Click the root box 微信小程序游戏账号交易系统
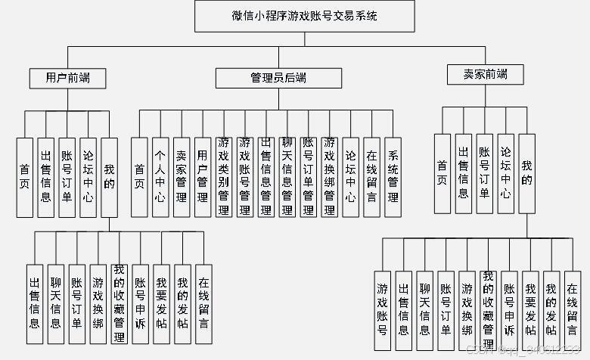coord(304,15)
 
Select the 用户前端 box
coord(67,77)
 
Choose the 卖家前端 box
coord(486,74)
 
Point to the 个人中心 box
coord(160,178)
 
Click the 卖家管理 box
coord(181,178)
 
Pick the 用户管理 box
coord(202,178)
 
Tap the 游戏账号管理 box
coord(244,178)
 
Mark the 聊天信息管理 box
coord(287,178)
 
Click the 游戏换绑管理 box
coord(329,178)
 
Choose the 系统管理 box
coord(393,178)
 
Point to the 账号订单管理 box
coord(308,178)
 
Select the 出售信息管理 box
coord(265,178)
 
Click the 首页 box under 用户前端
coord(25,178)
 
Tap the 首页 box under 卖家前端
coord(442,175)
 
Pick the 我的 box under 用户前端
coord(110,178)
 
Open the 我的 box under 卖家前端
coord(527,175)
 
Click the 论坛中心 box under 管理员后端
coord(350,178)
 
